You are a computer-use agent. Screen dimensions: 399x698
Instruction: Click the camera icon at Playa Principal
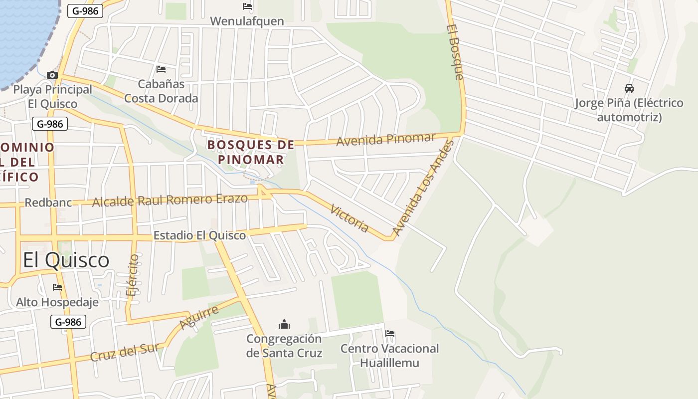tap(52, 75)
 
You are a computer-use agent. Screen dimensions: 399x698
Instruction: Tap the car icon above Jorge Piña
tap(629, 88)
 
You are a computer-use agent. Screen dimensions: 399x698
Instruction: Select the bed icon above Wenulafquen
tap(247, 6)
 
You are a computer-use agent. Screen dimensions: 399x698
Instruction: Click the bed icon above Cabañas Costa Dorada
tap(161, 69)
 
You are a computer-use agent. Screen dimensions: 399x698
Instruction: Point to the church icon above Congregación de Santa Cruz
tap(284, 324)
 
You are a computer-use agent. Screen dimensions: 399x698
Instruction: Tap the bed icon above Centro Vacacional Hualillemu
tap(390, 333)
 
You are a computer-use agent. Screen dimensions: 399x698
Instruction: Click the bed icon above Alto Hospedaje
tap(57, 287)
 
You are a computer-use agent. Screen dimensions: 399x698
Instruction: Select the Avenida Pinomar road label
tap(386, 139)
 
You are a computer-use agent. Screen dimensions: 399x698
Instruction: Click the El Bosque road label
tap(455, 52)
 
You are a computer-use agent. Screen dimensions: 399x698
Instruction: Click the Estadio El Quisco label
tap(199, 235)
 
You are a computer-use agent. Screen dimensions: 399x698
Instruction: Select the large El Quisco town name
tap(66, 260)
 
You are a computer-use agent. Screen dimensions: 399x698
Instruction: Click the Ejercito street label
tap(133, 275)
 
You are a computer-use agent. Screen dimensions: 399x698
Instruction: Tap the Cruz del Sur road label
tap(125, 352)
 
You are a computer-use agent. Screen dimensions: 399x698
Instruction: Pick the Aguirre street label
tap(199, 318)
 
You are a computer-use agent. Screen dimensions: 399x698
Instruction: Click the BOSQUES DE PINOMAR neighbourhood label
tap(251, 152)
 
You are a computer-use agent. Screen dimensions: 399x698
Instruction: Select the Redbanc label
tap(48, 203)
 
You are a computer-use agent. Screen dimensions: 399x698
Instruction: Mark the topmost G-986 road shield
tap(85, 11)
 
